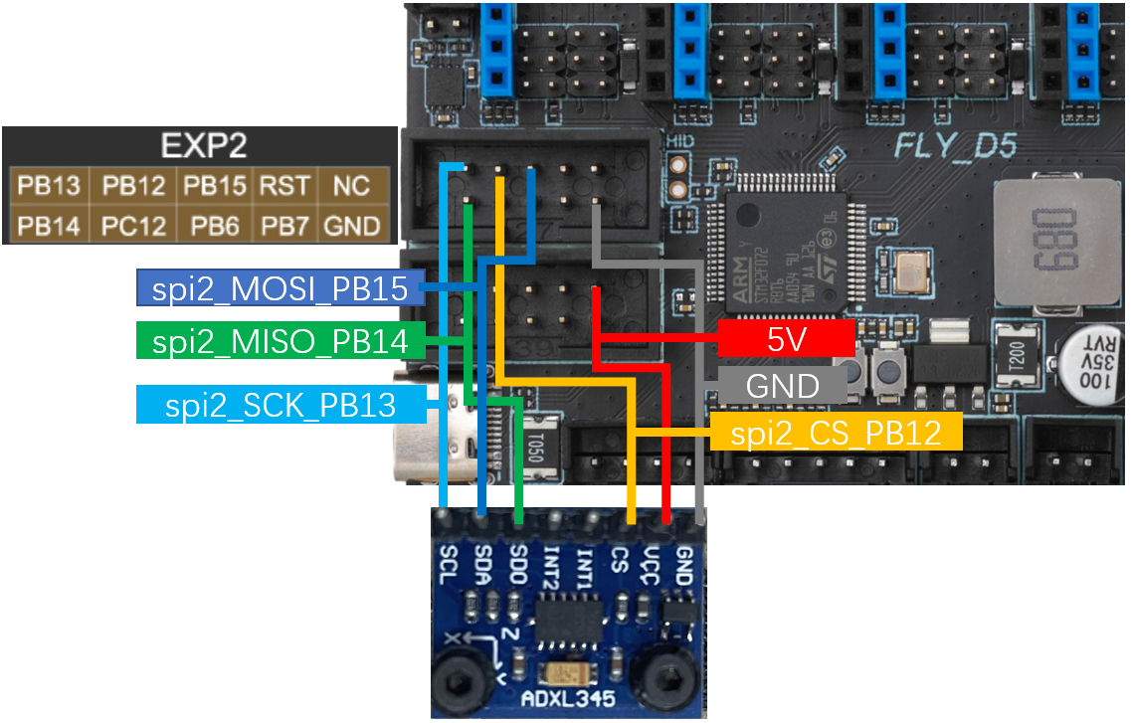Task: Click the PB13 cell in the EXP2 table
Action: click(47, 185)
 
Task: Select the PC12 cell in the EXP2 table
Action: click(133, 226)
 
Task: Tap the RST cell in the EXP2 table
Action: click(284, 185)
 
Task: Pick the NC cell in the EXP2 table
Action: click(352, 185)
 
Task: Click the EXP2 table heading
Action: click(203, 147)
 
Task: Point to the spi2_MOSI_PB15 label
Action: click(279, 288)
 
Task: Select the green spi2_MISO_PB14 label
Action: click(279, 342)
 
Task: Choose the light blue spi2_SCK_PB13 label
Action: click(281, 405)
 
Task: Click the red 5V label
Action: click(786, 338)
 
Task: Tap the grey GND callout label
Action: click(782, 386)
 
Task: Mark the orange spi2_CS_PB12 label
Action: click(836, 434)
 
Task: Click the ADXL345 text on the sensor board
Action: click(568, 699)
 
